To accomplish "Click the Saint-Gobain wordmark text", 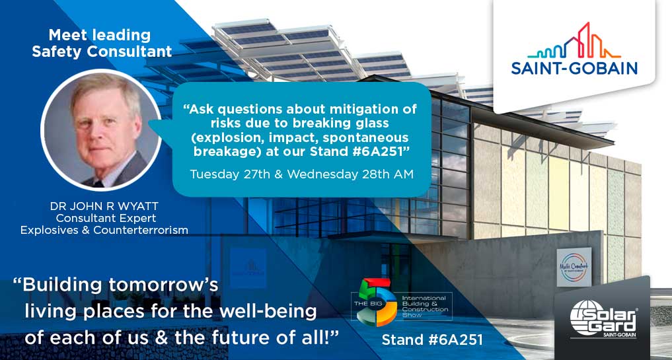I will click(574, 67).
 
